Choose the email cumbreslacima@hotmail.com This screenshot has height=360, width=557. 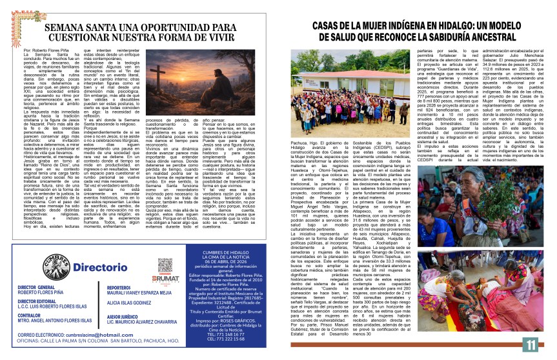pos(88,335)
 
